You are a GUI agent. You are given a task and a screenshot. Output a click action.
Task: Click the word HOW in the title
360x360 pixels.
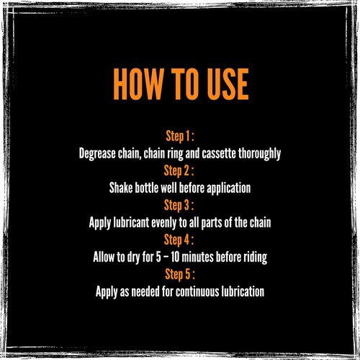tap(138, 84)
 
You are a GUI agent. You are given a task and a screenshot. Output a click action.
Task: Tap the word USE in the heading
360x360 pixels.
tap(228, 84)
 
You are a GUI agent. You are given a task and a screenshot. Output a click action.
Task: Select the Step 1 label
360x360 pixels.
tap(180, 136)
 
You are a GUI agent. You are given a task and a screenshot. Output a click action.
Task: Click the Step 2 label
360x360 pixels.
tap(179, 171)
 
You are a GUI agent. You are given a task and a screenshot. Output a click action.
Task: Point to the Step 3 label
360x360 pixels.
tap(179, 205)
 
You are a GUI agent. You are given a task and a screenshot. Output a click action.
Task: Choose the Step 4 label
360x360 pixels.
tap(179, 240)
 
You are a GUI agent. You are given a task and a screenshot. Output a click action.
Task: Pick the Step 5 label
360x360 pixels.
tap(180, 274)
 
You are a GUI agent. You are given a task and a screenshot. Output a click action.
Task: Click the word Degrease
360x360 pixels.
tap(97, 153)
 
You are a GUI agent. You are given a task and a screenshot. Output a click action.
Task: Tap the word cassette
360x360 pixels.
tap(218, 153)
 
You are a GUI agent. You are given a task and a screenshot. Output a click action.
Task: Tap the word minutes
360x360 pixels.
tap(197, 257)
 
